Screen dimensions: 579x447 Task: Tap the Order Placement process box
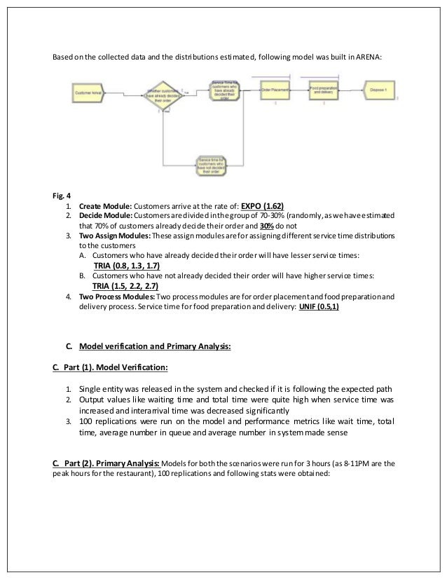tap(276, 90)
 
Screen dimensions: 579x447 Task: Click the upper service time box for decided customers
tap(226, 90)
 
